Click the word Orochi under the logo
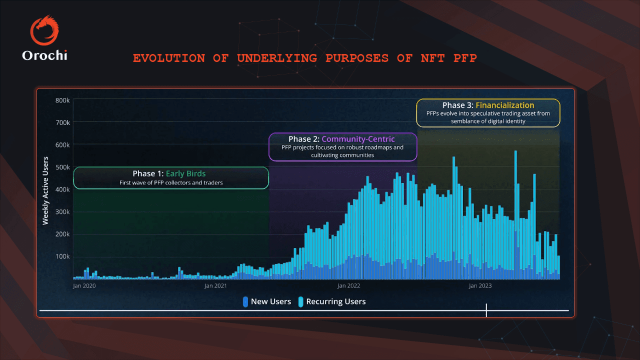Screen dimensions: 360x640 (44, 55)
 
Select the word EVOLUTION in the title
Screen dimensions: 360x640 (168, 58)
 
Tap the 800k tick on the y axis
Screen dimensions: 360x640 (62, 100)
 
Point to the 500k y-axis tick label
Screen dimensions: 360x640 (62, 167)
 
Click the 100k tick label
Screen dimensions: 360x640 (62, 256)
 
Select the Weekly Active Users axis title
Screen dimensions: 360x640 (45, 190)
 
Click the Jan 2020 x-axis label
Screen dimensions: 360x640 (84, 286)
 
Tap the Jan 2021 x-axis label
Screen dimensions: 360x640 (216, 286)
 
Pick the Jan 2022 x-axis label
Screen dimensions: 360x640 (348, 286)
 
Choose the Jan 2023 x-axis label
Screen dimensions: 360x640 (480, 286)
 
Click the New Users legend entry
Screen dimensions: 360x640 (266, 301)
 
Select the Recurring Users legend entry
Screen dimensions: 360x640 (331, 301)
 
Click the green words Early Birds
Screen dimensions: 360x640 (185, 173)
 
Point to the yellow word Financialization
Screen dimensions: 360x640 (505, 105)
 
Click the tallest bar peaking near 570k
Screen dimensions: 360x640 (515, 210)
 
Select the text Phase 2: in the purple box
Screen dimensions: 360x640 (304, 138)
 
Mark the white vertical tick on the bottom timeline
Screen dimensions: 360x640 (486, 310)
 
